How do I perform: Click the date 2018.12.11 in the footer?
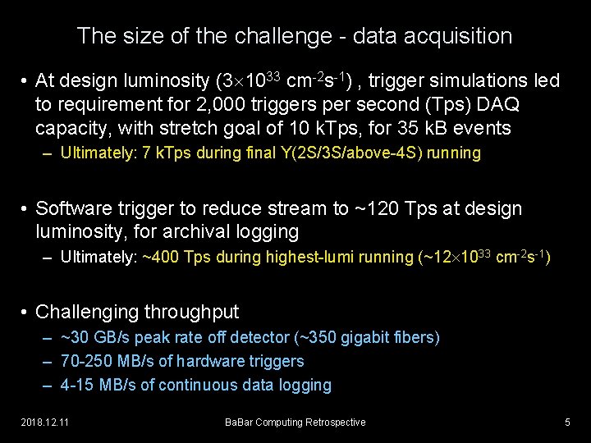[x=46, y=422]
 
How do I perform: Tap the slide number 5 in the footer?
[x=567, y=422]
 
